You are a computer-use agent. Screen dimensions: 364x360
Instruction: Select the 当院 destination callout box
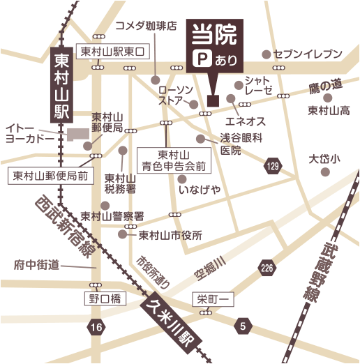(213, 45)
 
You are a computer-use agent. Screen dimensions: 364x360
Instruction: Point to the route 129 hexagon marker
(271, 165)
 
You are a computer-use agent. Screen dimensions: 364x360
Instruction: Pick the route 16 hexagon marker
(96, 326)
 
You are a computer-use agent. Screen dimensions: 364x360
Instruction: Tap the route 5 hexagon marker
(242, 326)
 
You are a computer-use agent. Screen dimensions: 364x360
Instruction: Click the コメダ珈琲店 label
(145, 26)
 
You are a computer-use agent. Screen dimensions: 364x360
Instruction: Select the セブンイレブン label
(308, 54)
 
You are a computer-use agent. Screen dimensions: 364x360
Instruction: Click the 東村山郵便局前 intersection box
(50, 176)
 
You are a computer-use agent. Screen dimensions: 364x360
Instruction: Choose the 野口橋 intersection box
(105, 298)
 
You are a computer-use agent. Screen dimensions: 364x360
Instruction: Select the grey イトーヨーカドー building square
(74, 134)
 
